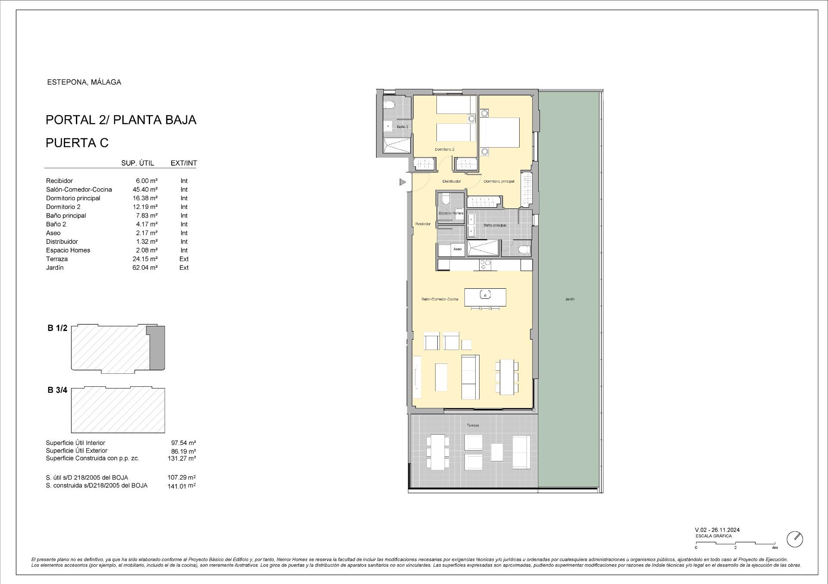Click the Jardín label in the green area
[569, 299]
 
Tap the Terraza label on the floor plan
[473, 426]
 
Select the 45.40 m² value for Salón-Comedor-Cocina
[145, 189]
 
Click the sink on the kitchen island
[485, 295]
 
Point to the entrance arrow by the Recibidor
[402, 182]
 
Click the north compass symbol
[795, 539]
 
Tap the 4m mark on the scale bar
[775, 548]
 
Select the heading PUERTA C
[77, 143]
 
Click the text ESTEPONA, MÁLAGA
[84, 82]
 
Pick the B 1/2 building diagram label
[57, 328]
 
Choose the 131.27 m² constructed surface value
[182, 458]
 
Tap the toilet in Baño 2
[390, 104]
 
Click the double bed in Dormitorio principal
[500, 133]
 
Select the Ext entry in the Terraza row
[184, 259]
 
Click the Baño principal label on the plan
[495, 225]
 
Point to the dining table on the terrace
[437, 452]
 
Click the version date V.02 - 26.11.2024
[717, 530]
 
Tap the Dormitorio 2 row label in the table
[63, 207]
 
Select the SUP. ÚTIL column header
[138, 163]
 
